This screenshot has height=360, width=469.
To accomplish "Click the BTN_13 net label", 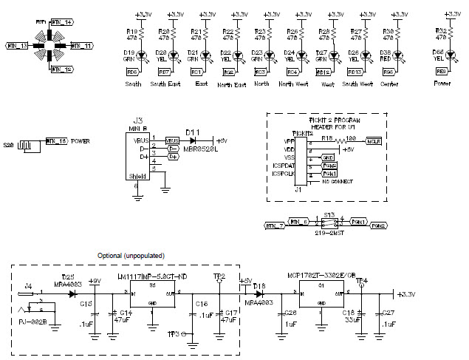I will click(16, 46).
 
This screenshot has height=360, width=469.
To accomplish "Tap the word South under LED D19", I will click(134, 84).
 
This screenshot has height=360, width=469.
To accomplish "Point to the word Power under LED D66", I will click(443, 84).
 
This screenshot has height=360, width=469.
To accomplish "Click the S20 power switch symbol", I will click(28, 143).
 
